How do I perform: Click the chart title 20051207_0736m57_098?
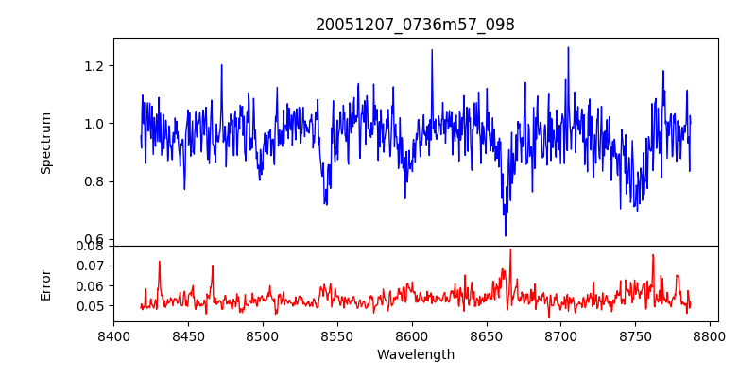click(x=415, y=25)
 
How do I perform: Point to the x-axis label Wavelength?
click(x=415, y=355)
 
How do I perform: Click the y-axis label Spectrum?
click(x=45, y=143)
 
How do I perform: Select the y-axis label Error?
click(x=45, y=283)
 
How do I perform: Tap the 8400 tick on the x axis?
click(x=113, y=335)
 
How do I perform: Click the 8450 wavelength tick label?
click(x=188, y=335)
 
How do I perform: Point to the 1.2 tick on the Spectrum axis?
click(x=95, y=66)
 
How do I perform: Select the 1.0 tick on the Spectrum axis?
click(x=95, y=124)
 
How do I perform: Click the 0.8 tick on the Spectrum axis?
click(x=95, y=181)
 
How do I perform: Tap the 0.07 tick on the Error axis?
click(x=93, y=266)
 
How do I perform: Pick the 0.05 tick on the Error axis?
click(x=93, y=306)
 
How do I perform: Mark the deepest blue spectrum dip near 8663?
click(x=506, y=235)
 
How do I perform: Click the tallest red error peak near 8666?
click(x=510, y=249)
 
